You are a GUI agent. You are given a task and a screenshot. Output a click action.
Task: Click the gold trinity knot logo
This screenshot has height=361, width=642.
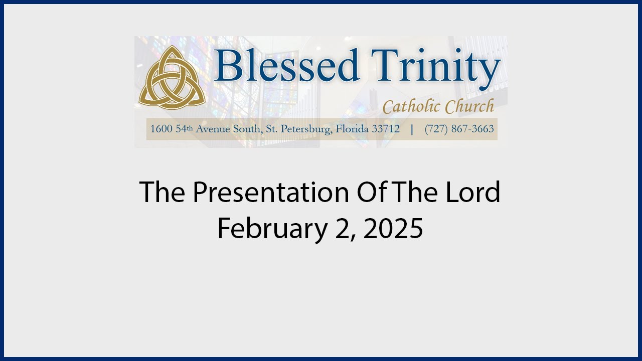(x=172, y=78)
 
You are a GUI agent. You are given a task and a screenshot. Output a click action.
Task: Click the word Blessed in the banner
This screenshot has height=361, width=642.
(x=286, y=65)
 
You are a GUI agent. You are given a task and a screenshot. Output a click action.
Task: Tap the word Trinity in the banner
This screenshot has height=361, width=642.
(x=436, y=69)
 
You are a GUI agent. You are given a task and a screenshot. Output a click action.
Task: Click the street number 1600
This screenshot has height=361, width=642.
(x=162, y=129)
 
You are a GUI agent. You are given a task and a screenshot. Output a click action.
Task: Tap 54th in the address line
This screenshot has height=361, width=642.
(x=184, y=129)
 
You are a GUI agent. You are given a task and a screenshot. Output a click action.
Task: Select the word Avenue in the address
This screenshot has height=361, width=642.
(x=213, y=129)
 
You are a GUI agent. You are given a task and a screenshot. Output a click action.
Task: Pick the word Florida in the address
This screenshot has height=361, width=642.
(x=352, y=129)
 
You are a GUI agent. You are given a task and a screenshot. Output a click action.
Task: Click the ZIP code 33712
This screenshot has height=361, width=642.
(x=386, y=129)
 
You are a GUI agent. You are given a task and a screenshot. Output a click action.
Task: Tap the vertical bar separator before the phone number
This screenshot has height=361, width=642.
(x=412, y=129)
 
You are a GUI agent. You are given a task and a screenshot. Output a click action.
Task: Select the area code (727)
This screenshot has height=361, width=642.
(x=436, y=129)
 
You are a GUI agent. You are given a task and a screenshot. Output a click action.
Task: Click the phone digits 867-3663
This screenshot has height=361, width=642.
(x=472, y=129)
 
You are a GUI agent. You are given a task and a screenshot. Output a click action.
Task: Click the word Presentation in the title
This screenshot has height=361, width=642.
(x=271, y=192)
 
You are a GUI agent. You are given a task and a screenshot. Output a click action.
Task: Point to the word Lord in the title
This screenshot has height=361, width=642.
(x=473, y=192)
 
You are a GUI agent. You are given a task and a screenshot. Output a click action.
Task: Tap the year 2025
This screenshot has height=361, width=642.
(x=393, y=228)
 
